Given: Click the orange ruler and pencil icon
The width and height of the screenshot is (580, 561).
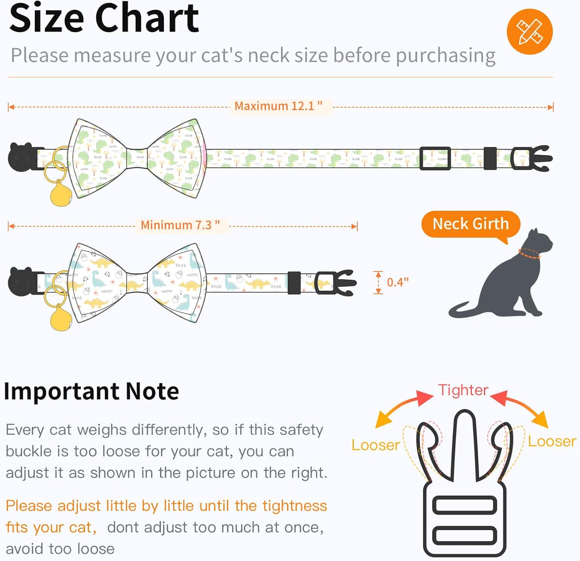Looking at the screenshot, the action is pyautogui.click(x=530, y=32).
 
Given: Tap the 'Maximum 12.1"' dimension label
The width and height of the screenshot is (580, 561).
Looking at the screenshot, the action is pyautogui.click(x=278, y=106).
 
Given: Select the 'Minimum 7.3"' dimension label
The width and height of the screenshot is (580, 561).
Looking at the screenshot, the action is pyautogui.click(x=180, y=225).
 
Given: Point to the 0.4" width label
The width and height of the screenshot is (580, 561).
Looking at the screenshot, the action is pyautogui.click(x=397, y=282).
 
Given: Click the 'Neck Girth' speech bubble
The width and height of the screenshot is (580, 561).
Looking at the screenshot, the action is pyautogui.click(x=471, y=224).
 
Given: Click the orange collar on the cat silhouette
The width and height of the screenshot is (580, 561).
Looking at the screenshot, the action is pyautogui.click(x=529, y=254).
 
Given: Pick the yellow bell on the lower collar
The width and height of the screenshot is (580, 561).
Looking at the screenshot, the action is pyautogui.click(x=61, y=318).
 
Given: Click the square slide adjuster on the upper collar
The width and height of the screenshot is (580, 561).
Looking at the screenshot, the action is pyautogui.click(x=435, y=158).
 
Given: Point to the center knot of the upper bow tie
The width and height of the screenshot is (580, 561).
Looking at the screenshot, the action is pyautogui.click(x=137, y=158).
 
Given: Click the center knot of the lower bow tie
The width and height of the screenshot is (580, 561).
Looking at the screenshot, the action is pyautogui.click(x=137, y=282).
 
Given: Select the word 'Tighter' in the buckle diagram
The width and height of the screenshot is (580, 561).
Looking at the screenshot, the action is pyautogui.click(x=463, y=390).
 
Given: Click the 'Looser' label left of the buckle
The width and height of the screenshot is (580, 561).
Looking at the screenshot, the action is pyautogui.click(x=375, y=445).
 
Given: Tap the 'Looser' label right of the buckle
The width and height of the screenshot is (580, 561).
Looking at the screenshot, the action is pyautogui.click(x=552, y=441).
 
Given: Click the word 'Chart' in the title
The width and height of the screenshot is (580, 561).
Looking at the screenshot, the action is pyautogui.click(x=147, y=18).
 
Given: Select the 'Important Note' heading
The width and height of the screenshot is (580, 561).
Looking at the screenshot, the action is pyautogui.click(x=91, y=391).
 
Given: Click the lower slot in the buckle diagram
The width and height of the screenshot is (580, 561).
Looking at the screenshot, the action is pyautogui.click(x=464, y=536).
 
